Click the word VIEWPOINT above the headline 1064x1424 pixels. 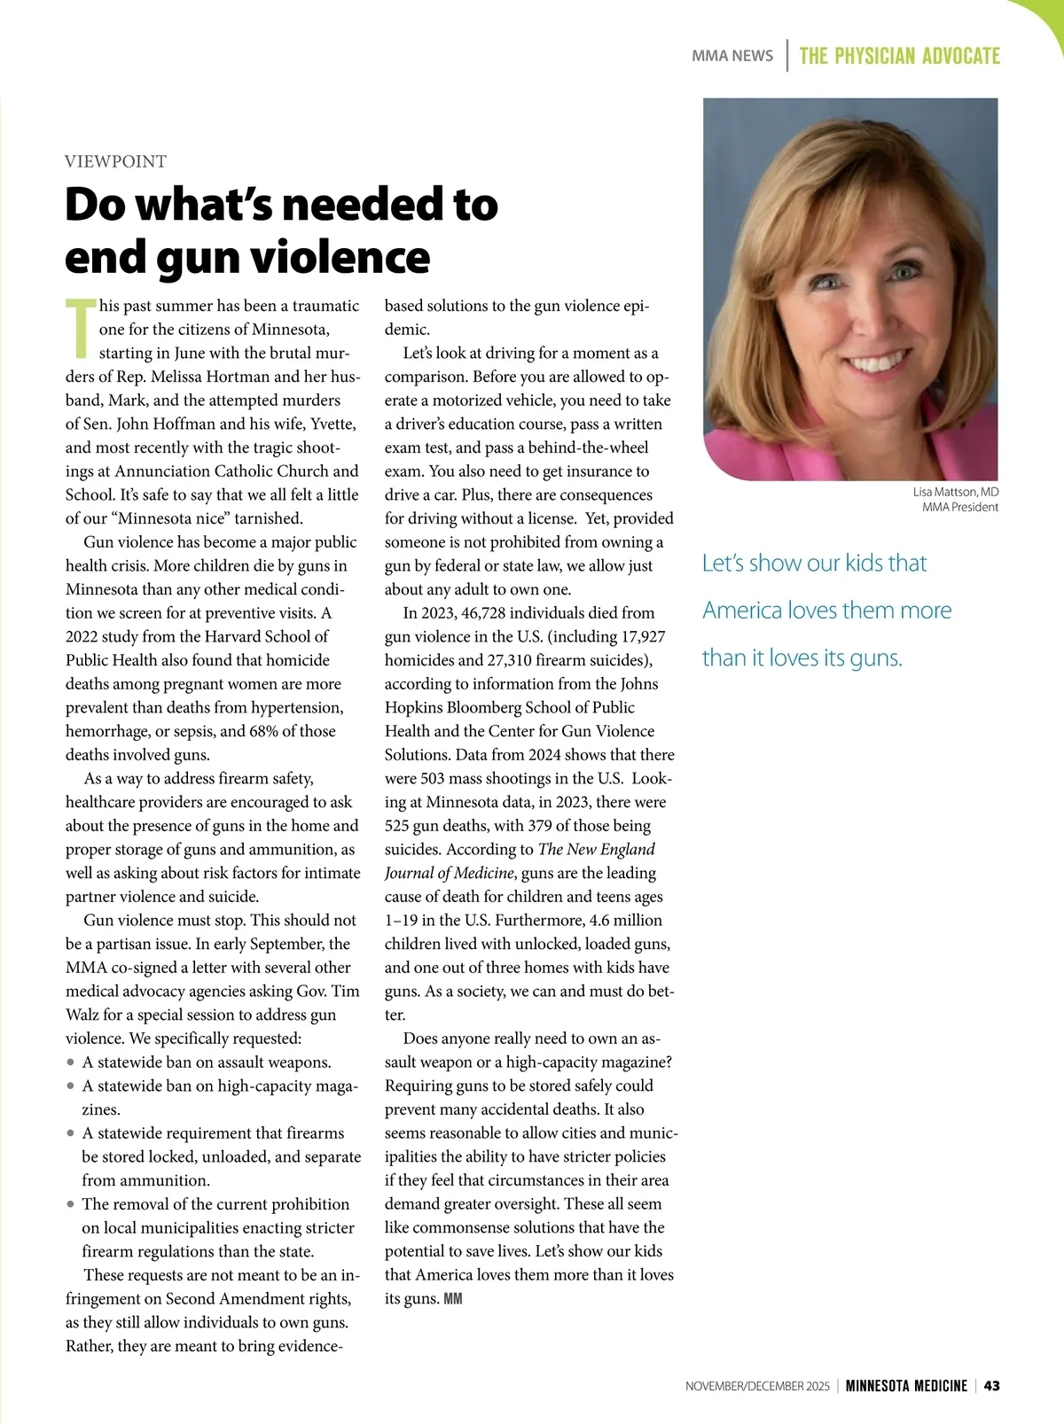(x=115, y=161)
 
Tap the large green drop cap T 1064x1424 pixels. (x=80, y=329)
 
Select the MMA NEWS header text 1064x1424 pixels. (x=732, y=56)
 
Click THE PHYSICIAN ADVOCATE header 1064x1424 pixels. (x=899, y=56)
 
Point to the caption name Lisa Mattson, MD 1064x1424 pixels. (x=955, y=492)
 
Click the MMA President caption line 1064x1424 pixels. (x=959, y=508)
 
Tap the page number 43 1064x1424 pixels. (x=991, y=1386)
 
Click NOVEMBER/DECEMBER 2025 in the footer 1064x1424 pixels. (x=757, y=1386)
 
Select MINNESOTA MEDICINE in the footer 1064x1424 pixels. (x=906, y=1386)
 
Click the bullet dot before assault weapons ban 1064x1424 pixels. (x=70, y=1062)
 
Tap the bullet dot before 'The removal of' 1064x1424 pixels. (x=70, y=1204)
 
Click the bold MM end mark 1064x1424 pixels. (x=452, y=1299)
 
